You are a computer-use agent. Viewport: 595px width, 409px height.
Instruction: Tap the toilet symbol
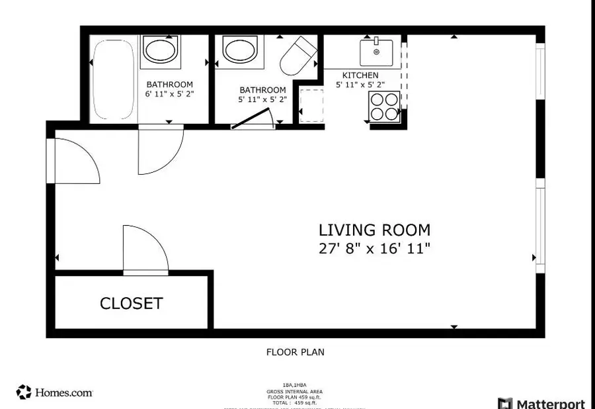coord(299,56)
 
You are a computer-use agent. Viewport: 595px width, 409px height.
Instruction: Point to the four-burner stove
coord(384,106)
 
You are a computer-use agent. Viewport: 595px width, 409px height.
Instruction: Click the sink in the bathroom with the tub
coord(160,51)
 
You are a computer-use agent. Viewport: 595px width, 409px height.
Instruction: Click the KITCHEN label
coord(360,75)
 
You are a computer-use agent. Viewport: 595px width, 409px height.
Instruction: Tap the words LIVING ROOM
coord(374,230)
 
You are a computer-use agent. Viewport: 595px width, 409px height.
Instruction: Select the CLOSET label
coord(131,304)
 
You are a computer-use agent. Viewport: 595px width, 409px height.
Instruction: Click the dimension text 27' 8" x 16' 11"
coord(374,249)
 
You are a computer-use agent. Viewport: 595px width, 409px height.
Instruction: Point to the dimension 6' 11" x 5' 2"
coord(169,94)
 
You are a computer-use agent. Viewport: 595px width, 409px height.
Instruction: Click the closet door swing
coord(144,250)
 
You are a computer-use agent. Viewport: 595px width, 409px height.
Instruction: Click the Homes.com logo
coord(54,392)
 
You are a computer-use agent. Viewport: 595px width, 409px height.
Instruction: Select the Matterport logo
coord(542,403)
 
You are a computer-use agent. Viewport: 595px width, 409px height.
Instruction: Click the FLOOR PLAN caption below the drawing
coord(295,352)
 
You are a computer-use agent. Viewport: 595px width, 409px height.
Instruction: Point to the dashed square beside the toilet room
coord(309,105)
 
